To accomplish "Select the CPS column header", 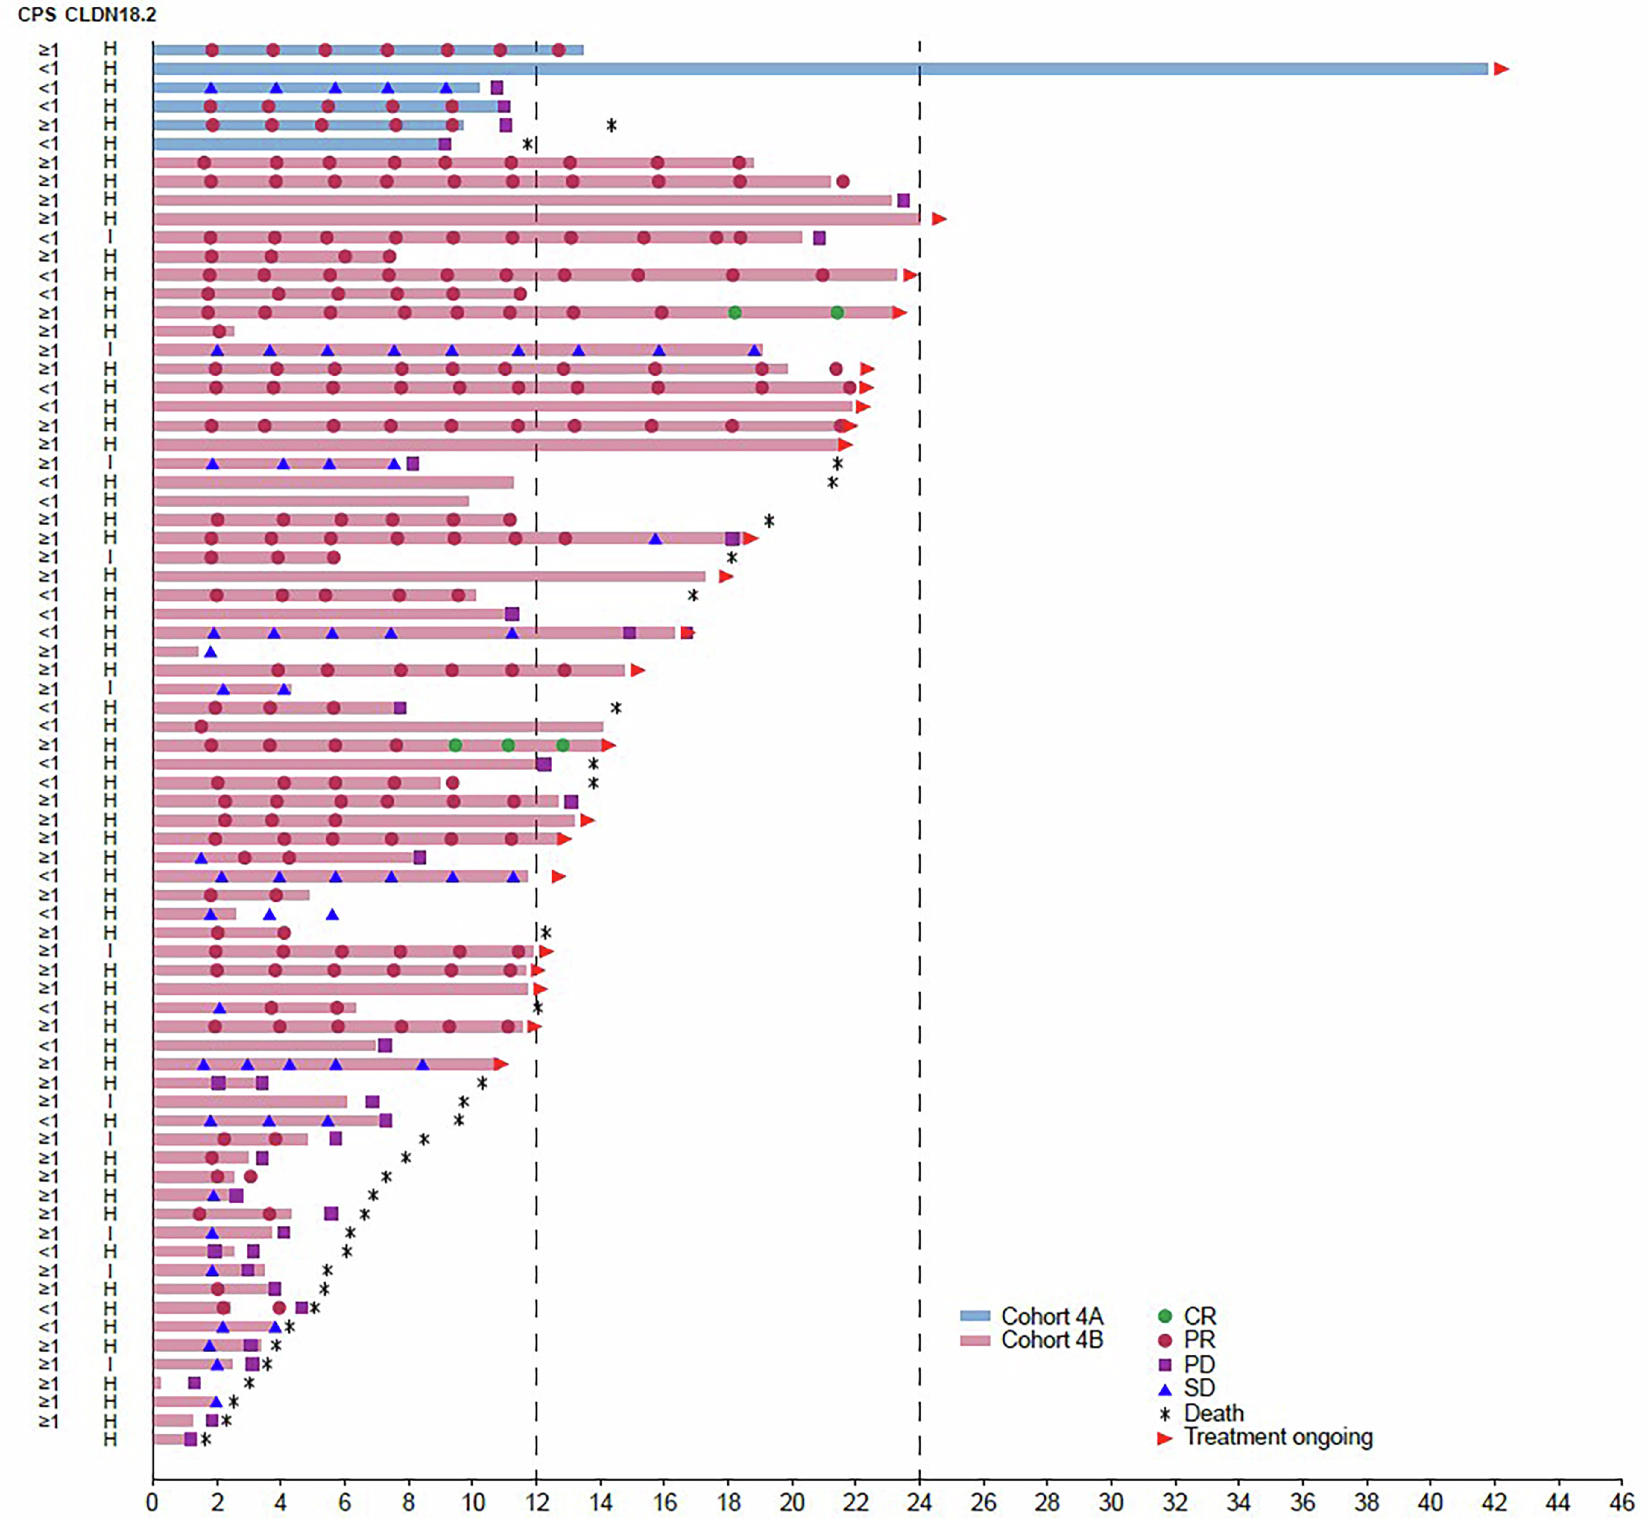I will (37, 15).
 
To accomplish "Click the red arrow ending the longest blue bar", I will (1501, 69).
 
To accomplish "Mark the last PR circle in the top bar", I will (559, 50).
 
